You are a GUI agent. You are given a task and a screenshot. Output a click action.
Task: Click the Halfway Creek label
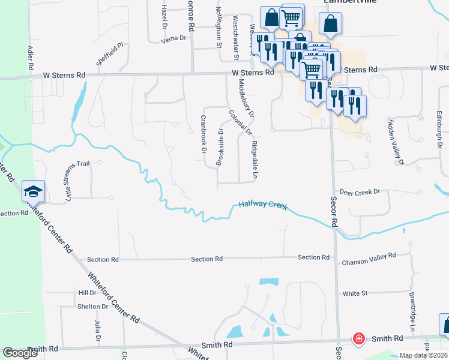click(x=264, y=205)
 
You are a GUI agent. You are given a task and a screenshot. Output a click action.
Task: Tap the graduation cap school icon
click(x=32, y=191)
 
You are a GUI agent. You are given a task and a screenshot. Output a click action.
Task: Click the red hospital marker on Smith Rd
click(x=358, y=338)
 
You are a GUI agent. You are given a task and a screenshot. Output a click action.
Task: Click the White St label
click(x=355, y=294)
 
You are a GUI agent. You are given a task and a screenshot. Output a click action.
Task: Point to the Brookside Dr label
click(x=220, y=146)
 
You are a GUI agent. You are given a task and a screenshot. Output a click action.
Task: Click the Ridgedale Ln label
click(x=255, y=157)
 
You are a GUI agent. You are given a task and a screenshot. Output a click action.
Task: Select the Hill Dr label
click(x=87, y=292)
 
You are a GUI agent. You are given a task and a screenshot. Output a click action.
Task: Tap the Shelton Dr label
click(x=92, y=307)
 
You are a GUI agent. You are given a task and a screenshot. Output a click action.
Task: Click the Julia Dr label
click(x=97, y=331)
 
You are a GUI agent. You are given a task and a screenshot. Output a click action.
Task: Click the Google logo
click(x=20, y=353)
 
